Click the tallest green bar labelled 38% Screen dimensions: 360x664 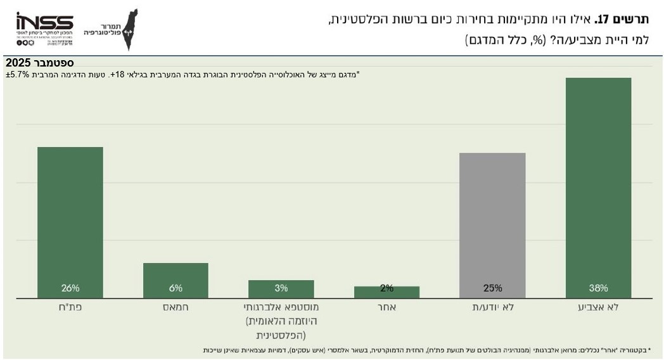pyautogui.click(x=598, y=187)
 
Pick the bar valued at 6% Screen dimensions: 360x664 pyautogui.click(x=176, y=280)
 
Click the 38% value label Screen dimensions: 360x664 pyautogui.click(x=598, y=288)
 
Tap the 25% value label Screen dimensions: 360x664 pyautogui.click(x=492, y=288)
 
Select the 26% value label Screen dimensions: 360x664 pyautogui.click(x=70, y=288)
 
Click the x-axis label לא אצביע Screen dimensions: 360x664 pyautogui.click(x=599, y=307)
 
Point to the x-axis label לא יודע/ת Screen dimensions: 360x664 pyautogui.click(x=492, y=307)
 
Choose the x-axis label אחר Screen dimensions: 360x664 pyautogui.click(x=386, y=307)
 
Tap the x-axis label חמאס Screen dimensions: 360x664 pyautogui.click(x=176, y=307)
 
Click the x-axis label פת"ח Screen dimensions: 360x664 pyautogui.click(x=70, y=307)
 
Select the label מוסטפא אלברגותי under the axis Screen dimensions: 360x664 pyautogui.click(x=281, y=307)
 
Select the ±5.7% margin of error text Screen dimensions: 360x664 pyautogui.click(x=18, y=75)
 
